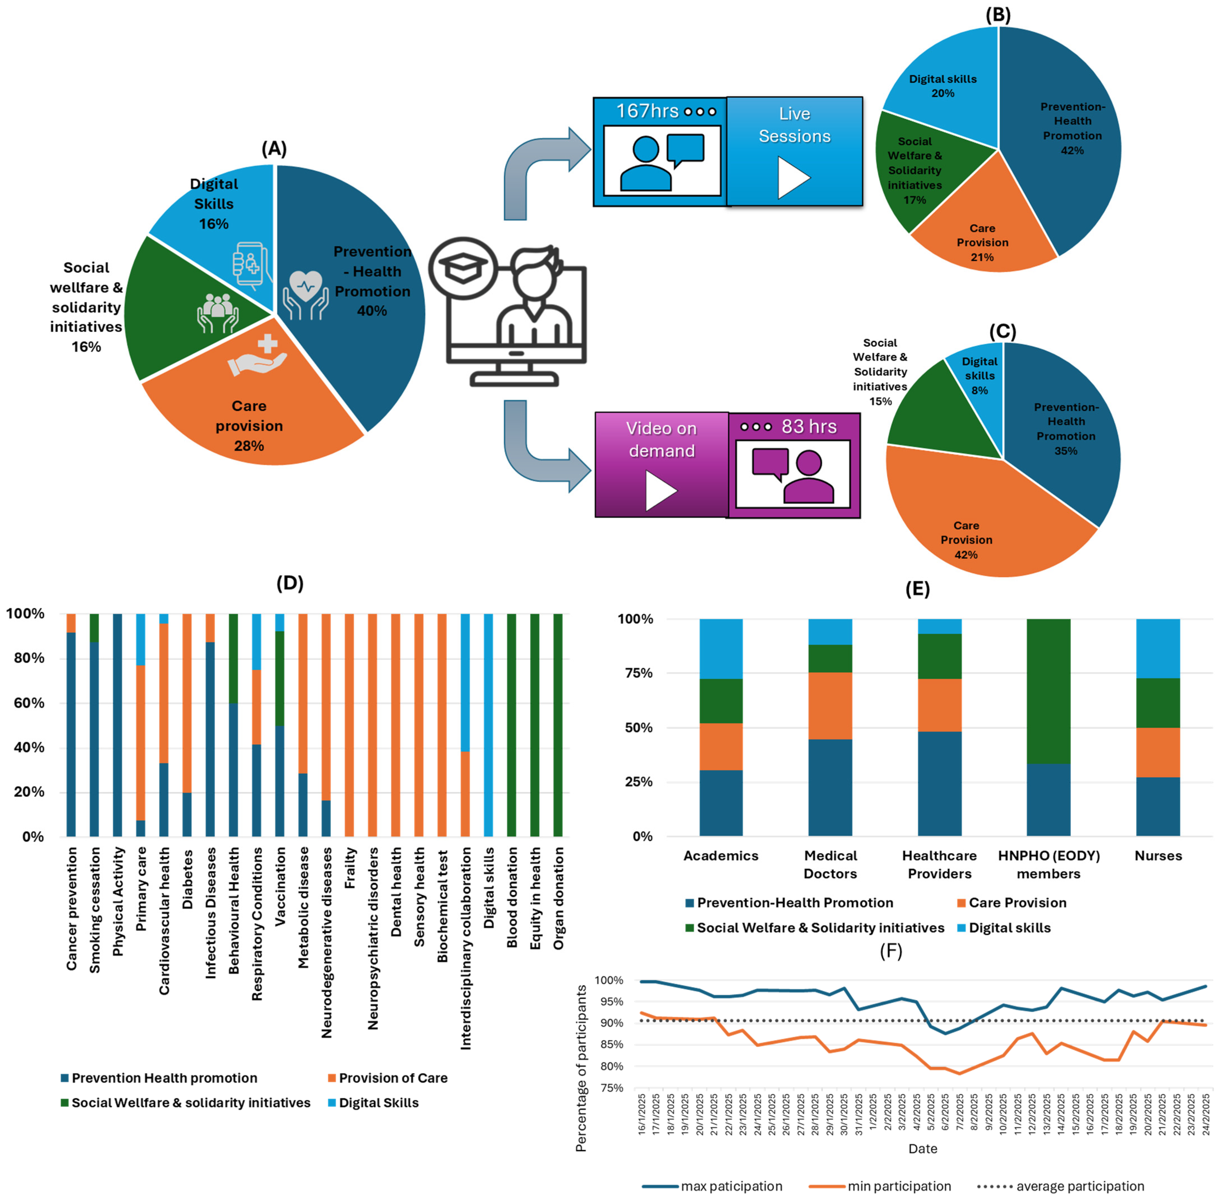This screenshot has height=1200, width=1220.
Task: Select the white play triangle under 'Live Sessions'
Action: (793, 178)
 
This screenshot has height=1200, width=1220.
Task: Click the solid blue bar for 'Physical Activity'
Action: (117, 725)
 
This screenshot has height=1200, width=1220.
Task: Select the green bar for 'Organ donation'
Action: (558, 725)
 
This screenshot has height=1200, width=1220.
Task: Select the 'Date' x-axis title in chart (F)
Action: (923, 1148)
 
